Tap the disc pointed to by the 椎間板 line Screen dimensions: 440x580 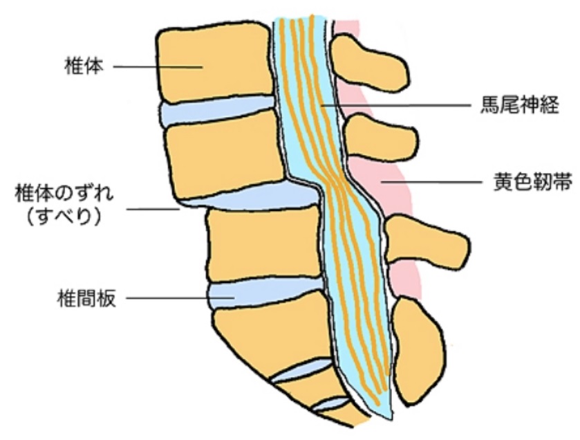click(x=263, y=294)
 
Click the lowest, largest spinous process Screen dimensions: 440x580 click(x=418, y=346)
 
